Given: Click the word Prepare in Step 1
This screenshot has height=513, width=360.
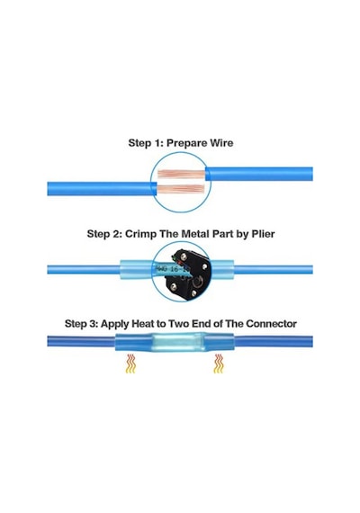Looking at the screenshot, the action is [x=186, y=143].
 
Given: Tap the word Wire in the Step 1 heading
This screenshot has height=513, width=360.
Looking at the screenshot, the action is [x=221, y=143].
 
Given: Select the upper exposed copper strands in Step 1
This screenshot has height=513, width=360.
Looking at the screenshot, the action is [x=182, y=174].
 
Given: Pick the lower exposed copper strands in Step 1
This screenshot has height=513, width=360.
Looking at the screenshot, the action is [x=180, y=189].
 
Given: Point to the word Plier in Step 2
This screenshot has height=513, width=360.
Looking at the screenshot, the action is [x=263, y=234].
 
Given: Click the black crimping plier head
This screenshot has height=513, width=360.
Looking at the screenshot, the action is [x=188, y=274].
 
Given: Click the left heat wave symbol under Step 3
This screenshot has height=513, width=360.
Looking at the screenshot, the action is [x=130, y=364].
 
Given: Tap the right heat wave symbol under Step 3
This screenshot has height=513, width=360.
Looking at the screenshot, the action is [x=219, y=364].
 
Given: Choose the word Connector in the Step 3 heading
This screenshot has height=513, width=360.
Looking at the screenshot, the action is [x=271, y=324].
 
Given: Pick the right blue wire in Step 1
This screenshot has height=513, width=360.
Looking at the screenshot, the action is [x=259, y=174].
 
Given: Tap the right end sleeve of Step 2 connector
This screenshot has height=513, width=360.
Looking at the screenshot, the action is [x=222, y=270].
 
